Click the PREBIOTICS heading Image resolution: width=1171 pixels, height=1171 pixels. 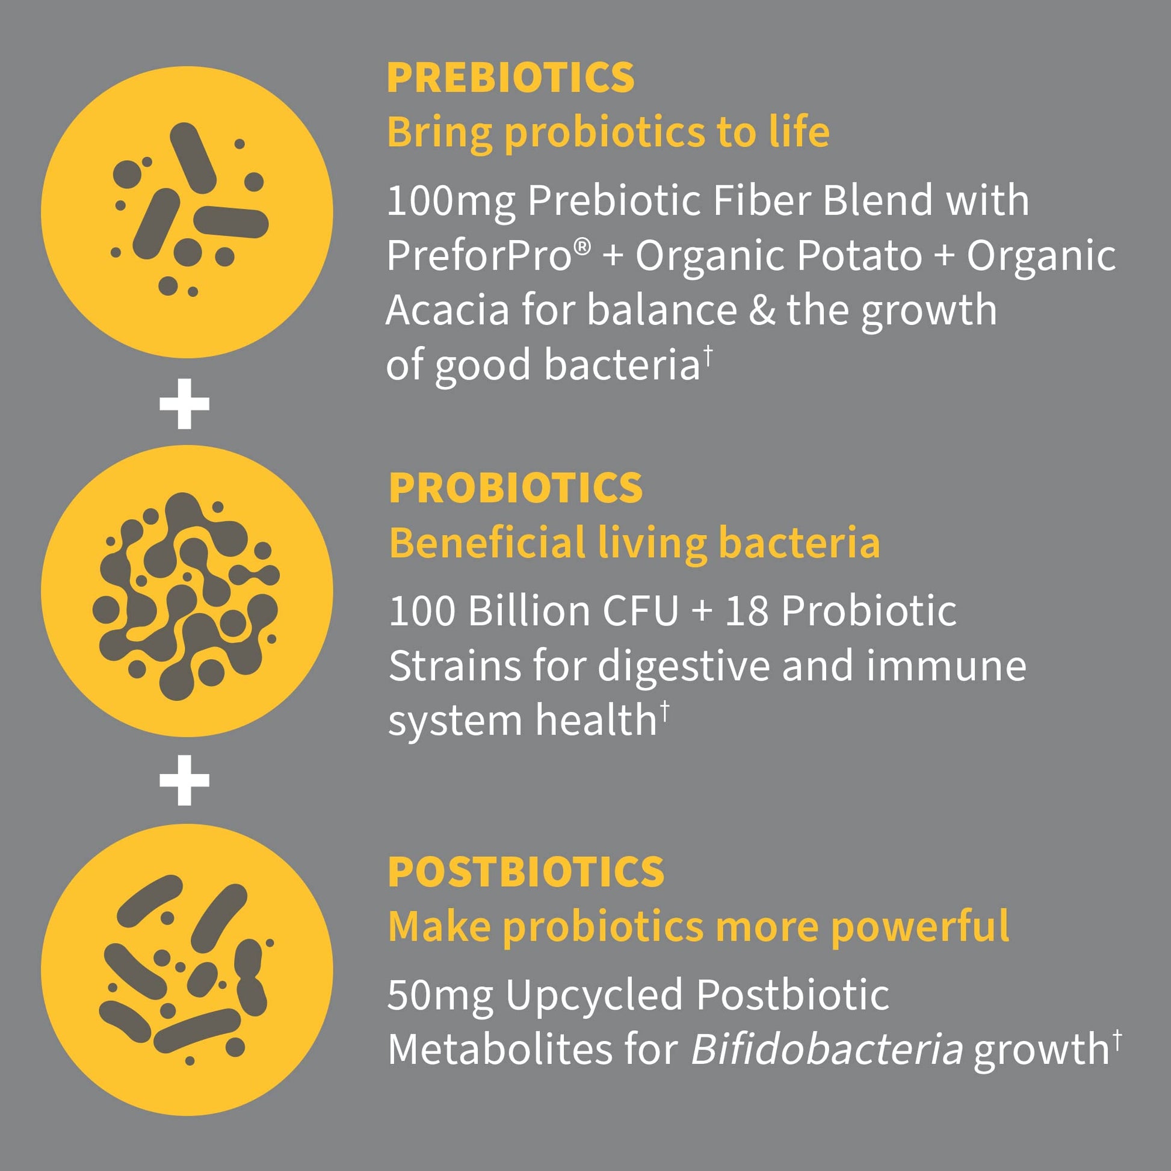(510, 78)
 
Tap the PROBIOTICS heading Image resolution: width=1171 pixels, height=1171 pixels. (515, 488)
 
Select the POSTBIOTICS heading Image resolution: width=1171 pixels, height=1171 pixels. (525, 873)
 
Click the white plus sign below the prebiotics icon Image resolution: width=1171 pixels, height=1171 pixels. (184, 404)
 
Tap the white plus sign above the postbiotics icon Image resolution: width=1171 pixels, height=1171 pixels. (184, 780)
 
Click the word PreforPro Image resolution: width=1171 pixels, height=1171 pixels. (480, 255)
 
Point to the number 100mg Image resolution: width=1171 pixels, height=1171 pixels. (451, 201)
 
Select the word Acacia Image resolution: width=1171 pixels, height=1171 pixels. (447, 311)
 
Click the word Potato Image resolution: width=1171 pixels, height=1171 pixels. (859, 255)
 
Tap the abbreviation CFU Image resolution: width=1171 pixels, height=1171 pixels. (640, 610)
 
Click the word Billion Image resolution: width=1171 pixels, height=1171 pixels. (528, 610)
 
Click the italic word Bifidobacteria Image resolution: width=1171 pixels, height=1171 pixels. (827, 1050)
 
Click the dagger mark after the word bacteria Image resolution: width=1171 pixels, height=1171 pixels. (708, 356)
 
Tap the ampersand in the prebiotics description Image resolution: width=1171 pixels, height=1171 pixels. (762, 311)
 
